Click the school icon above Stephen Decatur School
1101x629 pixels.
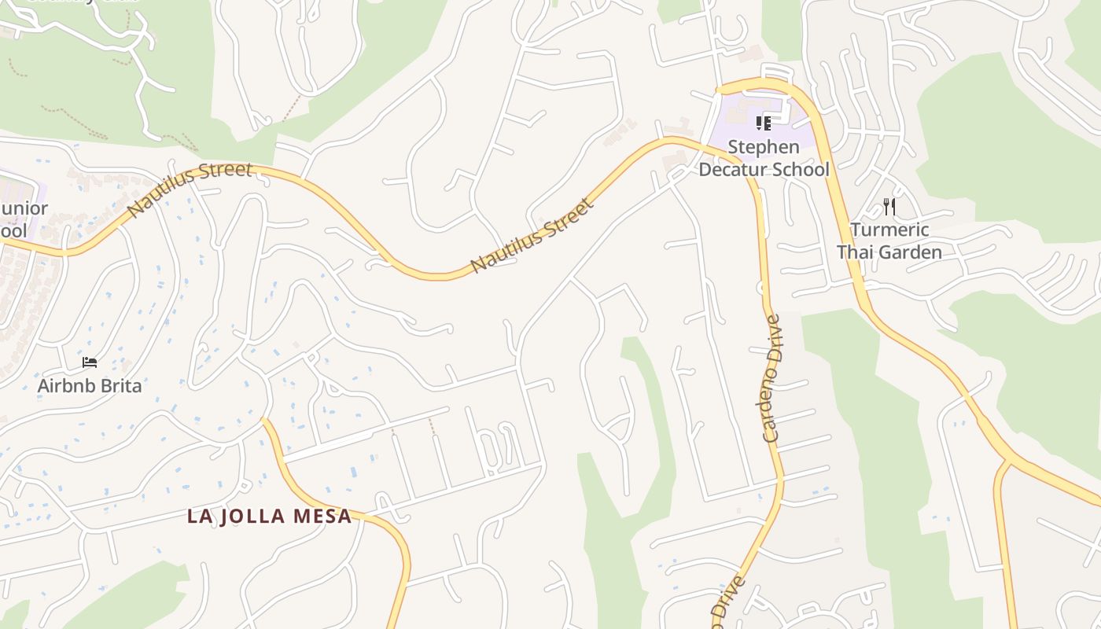(x=763, y=123)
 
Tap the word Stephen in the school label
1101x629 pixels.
(x=763, y=147)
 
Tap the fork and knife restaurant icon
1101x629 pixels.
(x=889, y=207)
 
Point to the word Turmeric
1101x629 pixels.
(x=889, y=230)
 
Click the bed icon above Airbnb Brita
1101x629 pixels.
(x=90, y=362)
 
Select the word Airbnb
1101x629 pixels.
(x=66, y=386)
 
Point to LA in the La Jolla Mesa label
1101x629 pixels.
(x=198, y=517)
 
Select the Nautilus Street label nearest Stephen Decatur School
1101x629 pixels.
(x=532, y=237)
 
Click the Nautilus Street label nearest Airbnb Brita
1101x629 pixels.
(x=190, y=189)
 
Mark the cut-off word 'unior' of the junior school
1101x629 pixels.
(x=24, y=209)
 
